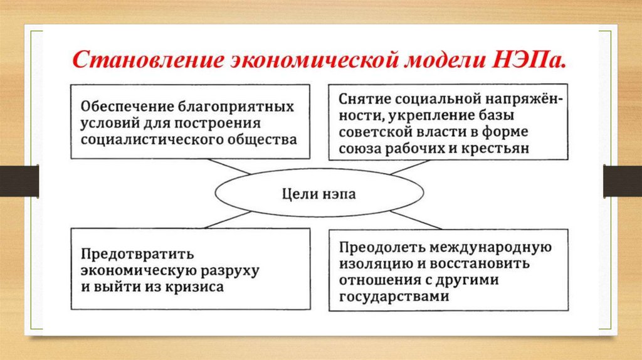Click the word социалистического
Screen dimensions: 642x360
click(x=150, y=139)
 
